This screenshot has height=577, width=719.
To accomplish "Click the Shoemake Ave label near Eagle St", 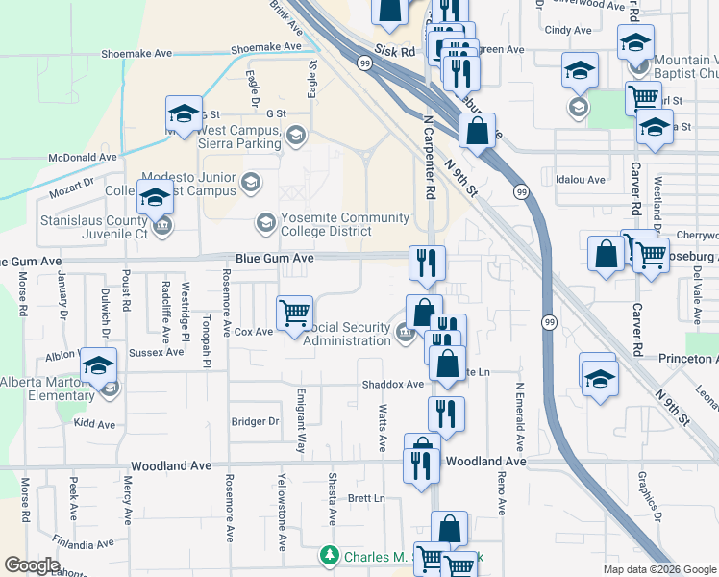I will [266, 47].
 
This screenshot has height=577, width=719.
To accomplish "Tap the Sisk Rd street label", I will [394, 49].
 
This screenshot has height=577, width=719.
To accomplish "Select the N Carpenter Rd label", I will [429, 158].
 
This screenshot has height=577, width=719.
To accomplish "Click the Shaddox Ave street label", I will [392, 385].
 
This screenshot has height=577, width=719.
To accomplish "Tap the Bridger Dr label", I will [255, 421].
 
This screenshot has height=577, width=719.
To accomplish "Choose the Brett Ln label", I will [365, 498].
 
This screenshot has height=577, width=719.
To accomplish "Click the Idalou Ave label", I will [581, 180].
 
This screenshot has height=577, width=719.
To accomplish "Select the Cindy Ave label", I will [568, 31].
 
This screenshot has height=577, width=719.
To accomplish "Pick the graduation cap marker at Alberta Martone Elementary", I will [99, 366].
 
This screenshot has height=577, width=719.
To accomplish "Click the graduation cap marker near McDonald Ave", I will [184, 113].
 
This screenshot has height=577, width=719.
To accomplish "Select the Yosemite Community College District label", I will [325, 225].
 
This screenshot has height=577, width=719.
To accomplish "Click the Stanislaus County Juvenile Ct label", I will [93, 227].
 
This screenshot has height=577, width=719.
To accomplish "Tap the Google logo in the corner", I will [31, 565].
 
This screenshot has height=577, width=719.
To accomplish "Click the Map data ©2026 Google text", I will [659, 569].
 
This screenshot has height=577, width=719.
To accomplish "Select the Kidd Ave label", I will [94, 424].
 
